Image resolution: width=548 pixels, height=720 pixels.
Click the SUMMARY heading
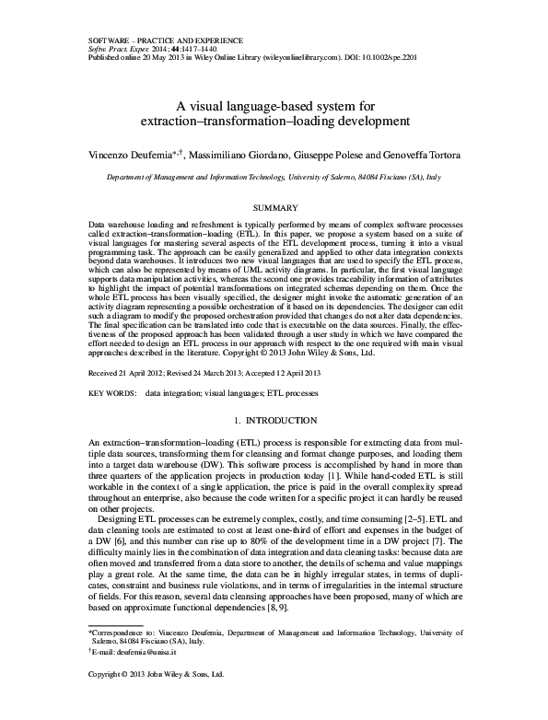(273, 209)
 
